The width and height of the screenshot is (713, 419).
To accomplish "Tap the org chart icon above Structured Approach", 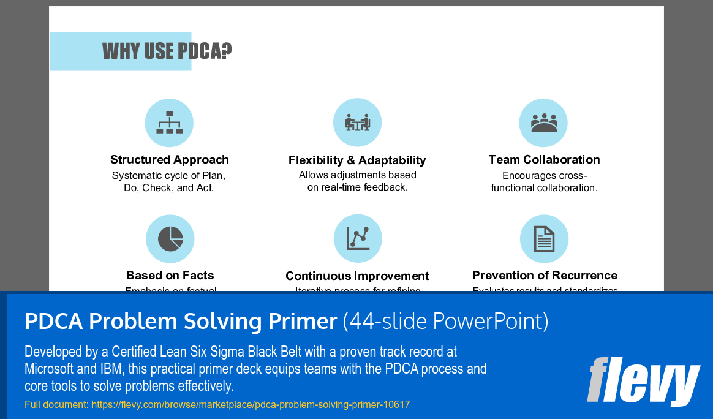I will (169, 123).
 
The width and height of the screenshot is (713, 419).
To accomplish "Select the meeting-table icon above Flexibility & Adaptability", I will (357, 123).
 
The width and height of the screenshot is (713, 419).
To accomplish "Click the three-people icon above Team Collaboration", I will (543, 123).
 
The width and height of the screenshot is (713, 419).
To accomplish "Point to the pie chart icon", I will (170, 239).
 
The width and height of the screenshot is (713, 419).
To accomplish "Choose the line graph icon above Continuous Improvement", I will (358, 239).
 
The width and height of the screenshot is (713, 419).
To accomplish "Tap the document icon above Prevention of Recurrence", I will (544, 239).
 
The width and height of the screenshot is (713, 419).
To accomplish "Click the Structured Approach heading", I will (170, 160).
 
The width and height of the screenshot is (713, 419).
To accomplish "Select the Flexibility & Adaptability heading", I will (357, 160).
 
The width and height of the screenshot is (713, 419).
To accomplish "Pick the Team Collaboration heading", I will (544, 160).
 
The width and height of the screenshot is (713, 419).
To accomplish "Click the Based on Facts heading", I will (170, 276).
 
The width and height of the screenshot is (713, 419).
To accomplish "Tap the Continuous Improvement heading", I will (357, 276).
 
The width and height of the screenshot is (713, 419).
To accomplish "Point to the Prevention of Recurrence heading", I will (545, 276).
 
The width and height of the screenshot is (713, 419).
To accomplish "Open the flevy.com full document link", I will (251, 405).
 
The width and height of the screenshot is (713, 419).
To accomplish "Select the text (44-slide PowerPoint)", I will (445, 321).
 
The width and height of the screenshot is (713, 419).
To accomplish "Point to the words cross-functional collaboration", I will (544, 182).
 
